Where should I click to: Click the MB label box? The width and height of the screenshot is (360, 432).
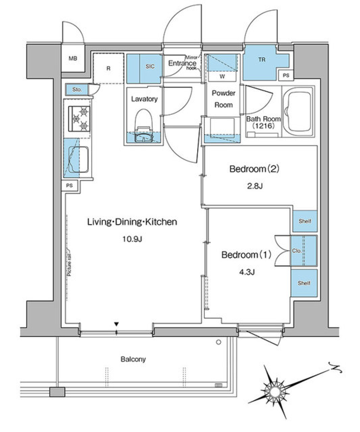(73, 58)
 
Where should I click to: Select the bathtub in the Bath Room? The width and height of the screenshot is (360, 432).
(298, 111)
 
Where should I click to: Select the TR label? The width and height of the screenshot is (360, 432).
(261, 60)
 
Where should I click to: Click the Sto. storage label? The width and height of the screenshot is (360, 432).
(77, 90)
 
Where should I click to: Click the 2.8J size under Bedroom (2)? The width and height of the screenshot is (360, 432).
(254, 186)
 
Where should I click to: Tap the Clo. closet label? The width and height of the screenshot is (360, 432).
(296, 251)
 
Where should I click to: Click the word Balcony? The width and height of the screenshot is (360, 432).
(133, 359)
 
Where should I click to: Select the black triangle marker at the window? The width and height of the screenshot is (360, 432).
(117, 324)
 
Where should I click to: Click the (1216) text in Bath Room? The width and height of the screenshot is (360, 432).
(263, 126)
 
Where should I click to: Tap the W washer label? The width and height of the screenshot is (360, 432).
(222, 76)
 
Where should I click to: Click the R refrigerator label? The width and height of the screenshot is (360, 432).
(108, 69)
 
